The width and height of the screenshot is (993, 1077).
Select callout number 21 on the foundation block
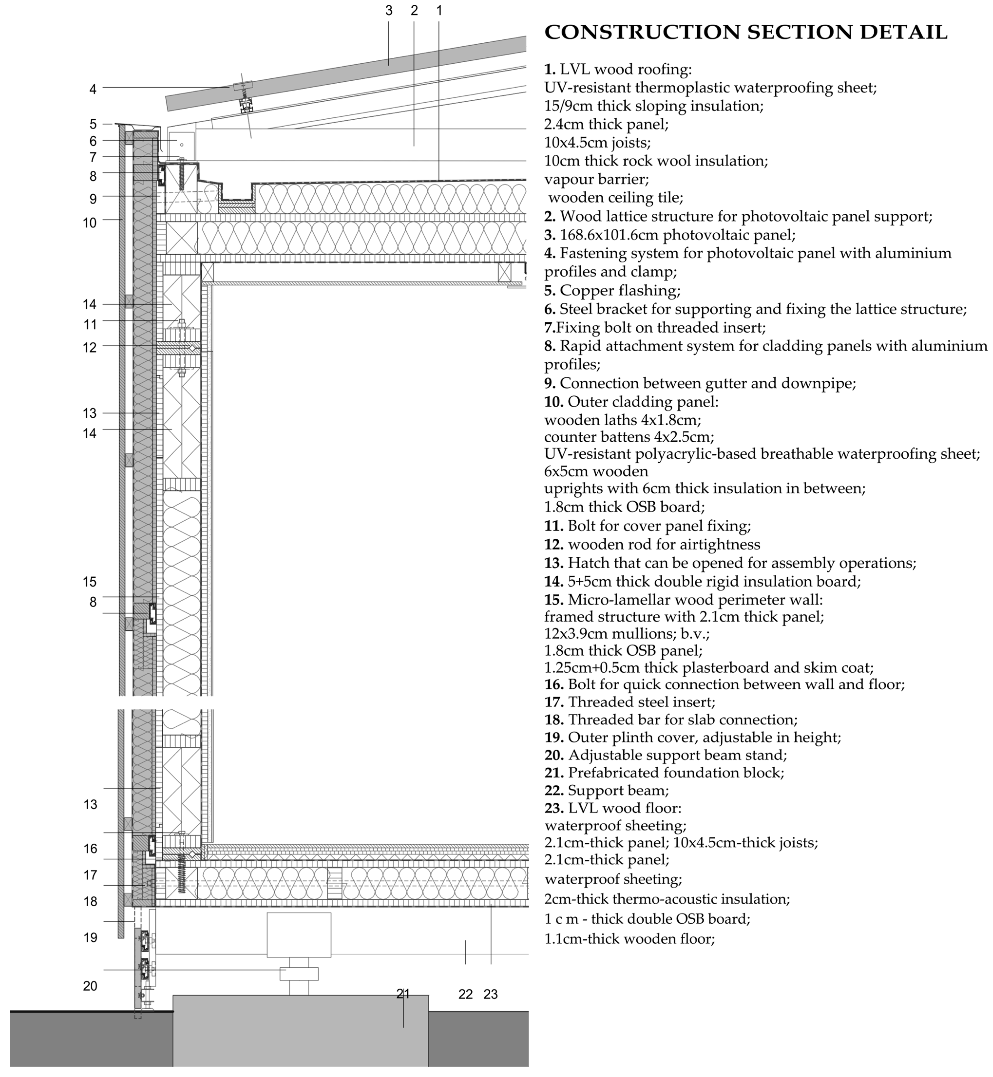(x=403, y=994)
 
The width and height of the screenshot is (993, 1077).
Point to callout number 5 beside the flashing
(x=93, y=124)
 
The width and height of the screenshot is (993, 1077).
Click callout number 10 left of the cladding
(x=90, y=222)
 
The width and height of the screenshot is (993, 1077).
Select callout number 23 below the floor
(x=491, y=994)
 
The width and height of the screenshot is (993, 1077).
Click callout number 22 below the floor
(x=465, y=994)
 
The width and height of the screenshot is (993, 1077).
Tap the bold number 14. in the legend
(x=554, y=581)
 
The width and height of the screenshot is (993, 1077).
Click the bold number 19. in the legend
(x=554, y=737)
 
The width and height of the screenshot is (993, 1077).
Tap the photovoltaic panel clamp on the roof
(x=243, y=86)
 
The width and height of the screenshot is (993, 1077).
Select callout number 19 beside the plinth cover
(x=90, y=938)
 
